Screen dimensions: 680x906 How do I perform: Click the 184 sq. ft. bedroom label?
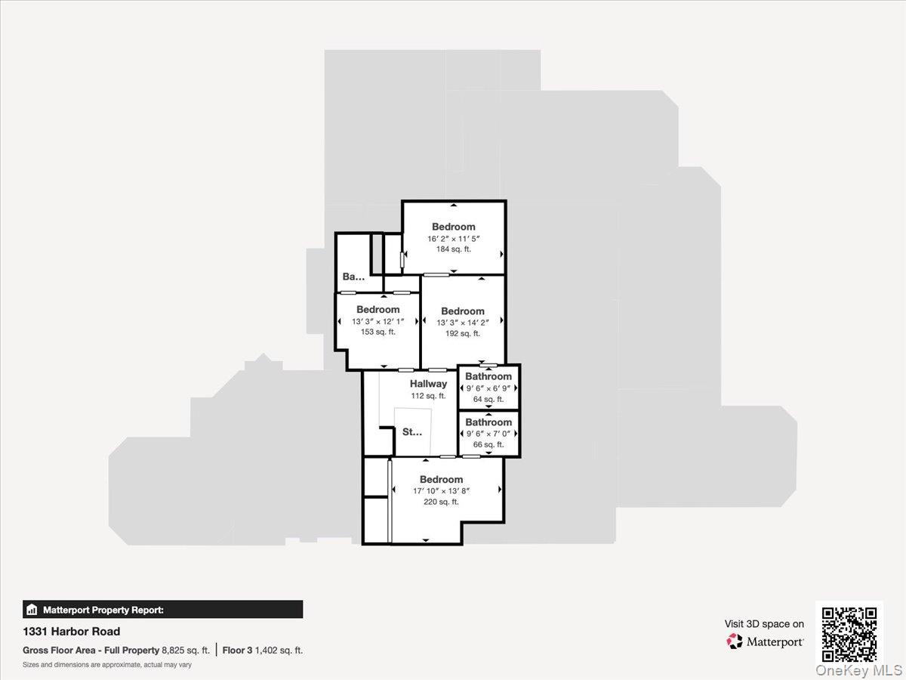point(454,227)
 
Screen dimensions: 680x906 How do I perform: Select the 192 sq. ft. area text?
point(463,333)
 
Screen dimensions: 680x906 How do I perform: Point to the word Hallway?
point(429,384)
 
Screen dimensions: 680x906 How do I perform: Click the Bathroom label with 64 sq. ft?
point(488,376)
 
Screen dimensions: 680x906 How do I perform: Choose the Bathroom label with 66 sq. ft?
point(488,422)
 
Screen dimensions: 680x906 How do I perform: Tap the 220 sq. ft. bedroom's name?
point(442,479)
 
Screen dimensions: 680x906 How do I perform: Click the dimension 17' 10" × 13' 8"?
point(442,490)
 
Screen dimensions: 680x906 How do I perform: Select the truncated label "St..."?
point(412,432)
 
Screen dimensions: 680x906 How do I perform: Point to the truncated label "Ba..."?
point(353,277)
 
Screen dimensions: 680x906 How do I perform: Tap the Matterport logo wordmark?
point(775,641)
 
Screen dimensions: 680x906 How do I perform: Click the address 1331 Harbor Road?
point(71,632)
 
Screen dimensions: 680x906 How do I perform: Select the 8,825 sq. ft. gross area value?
point(186,650)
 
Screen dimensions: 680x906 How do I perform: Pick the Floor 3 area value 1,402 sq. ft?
point(279,650)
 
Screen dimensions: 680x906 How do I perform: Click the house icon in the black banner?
point(32,610)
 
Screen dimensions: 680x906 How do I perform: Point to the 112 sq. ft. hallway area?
point(429,395)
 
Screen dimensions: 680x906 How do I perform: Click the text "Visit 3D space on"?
point(764,624)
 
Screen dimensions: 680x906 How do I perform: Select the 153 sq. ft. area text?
point(378,332)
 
